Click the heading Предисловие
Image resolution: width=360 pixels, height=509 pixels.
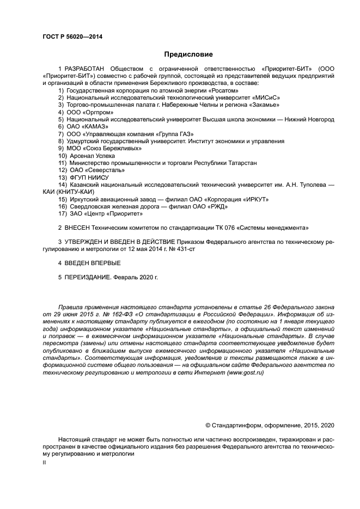tap(188, 54)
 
